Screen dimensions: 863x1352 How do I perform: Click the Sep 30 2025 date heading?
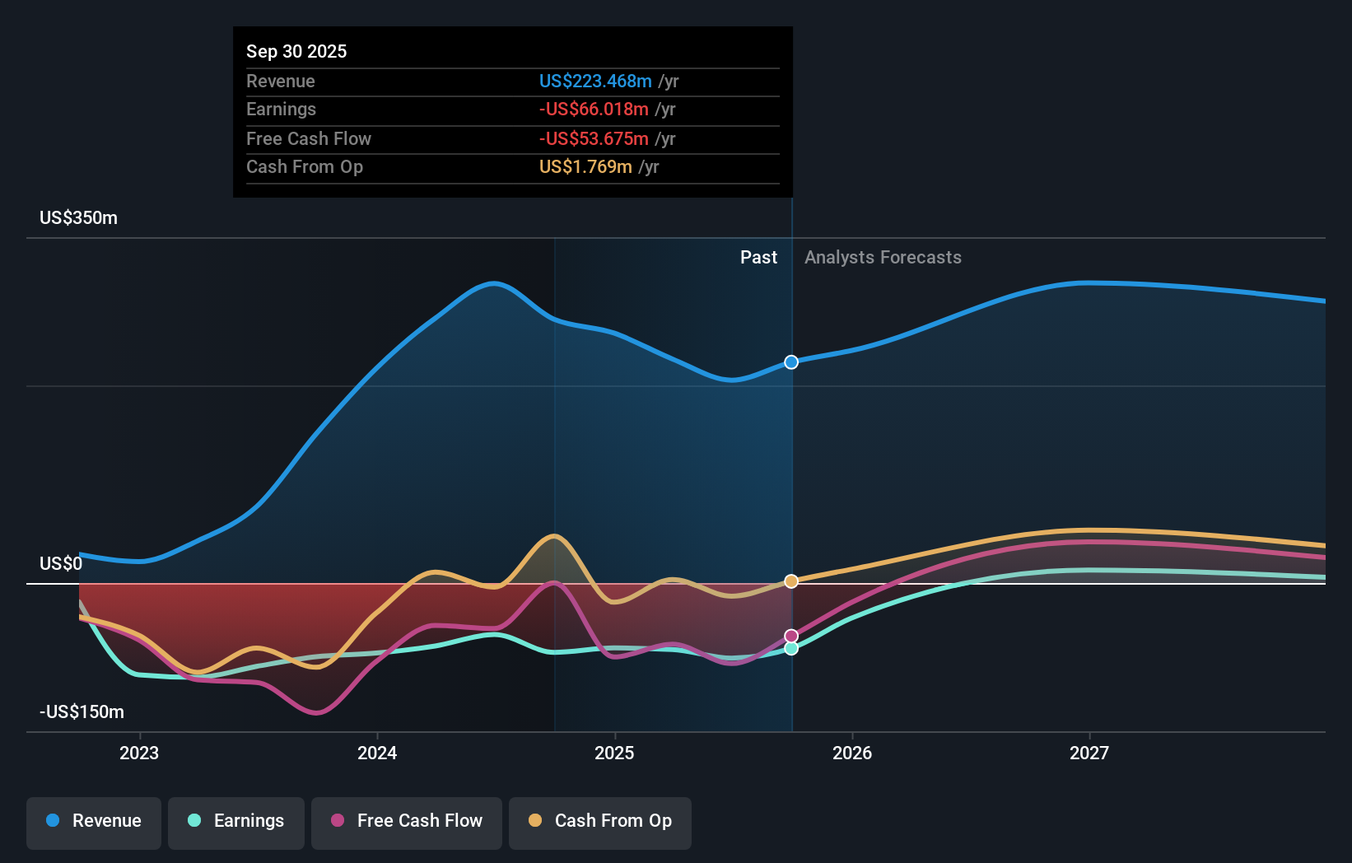pyautogui.click(x=296, y=51)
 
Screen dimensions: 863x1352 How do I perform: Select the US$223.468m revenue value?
pyautogui.click(x=594, y=81)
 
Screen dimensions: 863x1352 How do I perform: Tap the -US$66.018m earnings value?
pyautogui.click(x=593, y=109)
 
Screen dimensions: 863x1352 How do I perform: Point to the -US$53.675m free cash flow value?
pyautogui.click(x=593, y=138)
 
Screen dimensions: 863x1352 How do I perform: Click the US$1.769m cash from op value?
pyautogui.click(x=585, y=166)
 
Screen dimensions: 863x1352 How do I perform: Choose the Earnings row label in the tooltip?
pyautogui.click(x=281, y=109)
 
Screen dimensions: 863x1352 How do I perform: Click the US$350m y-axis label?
pyautogui.click(x=78, y=217)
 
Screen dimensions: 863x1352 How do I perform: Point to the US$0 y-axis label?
pyautogui.click(x=61, y=563)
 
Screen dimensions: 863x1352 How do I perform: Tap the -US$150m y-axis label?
pyautogui.click(x=82, y=711)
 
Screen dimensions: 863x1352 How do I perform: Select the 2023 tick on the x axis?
pyautogui.click(x=139, y=753)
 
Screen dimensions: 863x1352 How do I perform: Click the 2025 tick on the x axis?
pyautogui.click(x=614, y=753)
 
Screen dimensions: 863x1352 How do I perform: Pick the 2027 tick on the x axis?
pyautogui.click(x=1089, y=753)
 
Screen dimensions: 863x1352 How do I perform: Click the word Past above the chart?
pyautogui.click(x=758, y=257)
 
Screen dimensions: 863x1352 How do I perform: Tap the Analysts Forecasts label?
pyautogui.click(x=883, y=257)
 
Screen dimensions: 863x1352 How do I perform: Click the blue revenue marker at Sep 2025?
pyautogui.click(x=791, y=362)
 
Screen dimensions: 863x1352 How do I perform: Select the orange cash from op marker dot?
pyautogui.click(x=791, y=581)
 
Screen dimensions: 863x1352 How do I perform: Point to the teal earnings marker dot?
pyautogui.click(x=791, y=648)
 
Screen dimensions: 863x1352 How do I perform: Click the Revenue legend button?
pyautogui.click(x=94, y=821)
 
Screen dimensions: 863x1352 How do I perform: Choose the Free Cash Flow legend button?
pyautogui.click(x=407, y=821)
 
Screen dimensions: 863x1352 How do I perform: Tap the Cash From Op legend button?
pyautogui.click(x=600, y=821)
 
